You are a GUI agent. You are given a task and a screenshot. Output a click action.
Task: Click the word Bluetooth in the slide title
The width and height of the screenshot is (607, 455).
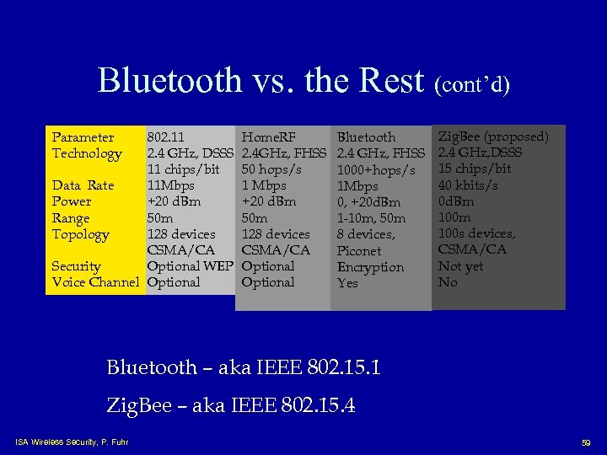(169, 81)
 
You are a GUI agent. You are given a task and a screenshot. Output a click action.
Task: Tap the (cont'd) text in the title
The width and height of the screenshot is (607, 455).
(472, 84)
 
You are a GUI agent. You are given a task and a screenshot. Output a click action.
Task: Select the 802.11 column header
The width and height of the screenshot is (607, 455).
(166, 136)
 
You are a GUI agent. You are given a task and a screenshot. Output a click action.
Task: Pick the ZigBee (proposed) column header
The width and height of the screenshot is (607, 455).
(493, 136)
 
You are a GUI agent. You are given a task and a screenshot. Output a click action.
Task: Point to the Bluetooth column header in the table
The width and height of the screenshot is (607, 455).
(366, 137)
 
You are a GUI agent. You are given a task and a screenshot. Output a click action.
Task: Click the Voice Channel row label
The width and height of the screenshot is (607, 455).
(94, 282)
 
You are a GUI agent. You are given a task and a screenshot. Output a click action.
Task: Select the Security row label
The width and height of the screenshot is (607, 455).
(76, 266)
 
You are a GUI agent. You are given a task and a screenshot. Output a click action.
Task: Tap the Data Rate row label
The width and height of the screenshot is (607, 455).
(83, 185)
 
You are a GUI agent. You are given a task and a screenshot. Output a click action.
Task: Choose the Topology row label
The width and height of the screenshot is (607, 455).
(80, 234)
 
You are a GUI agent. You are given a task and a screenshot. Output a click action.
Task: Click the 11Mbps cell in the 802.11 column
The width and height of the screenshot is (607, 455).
(170, 185)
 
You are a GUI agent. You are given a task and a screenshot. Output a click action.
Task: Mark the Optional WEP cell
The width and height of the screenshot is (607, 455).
(190, 266)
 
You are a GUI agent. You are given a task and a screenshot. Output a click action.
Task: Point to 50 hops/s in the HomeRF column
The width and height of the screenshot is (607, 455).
(271, 169)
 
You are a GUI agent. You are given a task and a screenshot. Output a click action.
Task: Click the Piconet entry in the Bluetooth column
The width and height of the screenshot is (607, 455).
(359, 251)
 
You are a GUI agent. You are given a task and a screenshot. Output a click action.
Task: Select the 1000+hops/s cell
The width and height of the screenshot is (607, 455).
(376, 170)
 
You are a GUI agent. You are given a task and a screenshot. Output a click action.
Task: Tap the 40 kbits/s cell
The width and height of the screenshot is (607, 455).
(468, 185)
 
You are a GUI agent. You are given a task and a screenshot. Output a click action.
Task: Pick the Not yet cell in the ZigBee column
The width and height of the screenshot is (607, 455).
(460, 266)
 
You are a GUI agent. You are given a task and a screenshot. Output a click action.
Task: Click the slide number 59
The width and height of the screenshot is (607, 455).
(586, 442)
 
